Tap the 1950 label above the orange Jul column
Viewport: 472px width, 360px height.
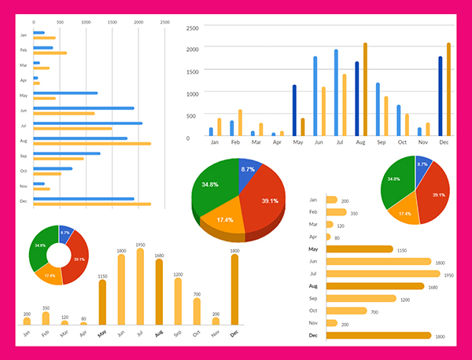click(x=140, y=244)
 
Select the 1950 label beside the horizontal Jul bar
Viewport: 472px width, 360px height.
click(x=448, y=274)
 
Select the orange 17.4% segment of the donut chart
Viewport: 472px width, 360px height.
click(x=49, y=275)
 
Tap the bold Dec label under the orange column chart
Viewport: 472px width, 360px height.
click(x=234, y=333)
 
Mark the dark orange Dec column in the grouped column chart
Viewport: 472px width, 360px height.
click(x=448, y=90)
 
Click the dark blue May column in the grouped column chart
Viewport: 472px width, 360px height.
click(x=294, y=111)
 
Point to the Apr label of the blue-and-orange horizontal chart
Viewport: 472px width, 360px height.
click(x=24, y=80)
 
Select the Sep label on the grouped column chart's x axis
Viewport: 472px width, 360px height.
click(x=382, y=143)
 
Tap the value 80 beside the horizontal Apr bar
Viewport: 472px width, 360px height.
click(x=337, y=237)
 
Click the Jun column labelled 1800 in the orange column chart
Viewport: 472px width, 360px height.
click(x=121, y=288)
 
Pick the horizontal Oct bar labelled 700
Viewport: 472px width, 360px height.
click(x=346, y=311)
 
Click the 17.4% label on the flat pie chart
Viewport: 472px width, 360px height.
click(x=405, y=213)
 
